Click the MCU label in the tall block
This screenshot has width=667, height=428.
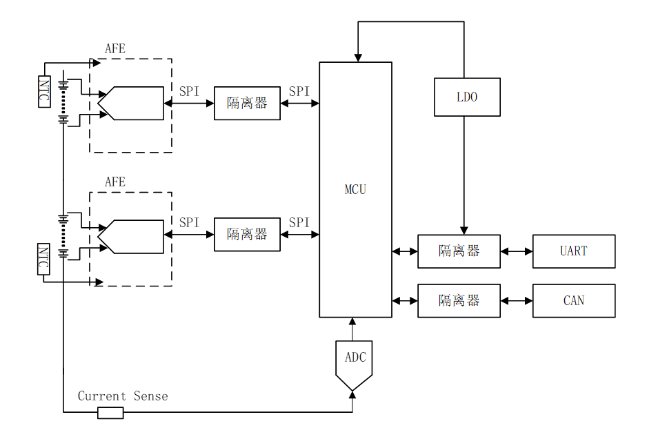coord(355,189)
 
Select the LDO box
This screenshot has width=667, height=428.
coord(467,97)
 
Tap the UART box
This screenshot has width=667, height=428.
coord(573,251)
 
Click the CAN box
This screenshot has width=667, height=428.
coord(573,301)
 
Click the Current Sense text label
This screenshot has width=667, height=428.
coord(123,396)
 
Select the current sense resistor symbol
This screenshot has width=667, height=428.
coord(110,413)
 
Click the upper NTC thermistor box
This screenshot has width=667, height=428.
coord(44,91)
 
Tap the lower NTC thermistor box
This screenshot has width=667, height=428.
coord(44,259)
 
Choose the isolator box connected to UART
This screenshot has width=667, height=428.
coord(459,251)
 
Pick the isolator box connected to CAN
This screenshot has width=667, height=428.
coord(459,301)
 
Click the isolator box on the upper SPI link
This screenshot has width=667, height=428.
coord(247,104)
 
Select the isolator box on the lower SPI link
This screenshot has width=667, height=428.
coord(247,235)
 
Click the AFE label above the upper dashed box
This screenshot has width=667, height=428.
coord(115,49)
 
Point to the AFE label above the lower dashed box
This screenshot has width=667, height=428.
coord(115,182)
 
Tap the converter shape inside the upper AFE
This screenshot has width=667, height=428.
coord(132,104)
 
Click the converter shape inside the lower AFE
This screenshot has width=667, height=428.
coord(132,237)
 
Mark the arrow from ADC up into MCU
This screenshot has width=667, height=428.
coord(352,329)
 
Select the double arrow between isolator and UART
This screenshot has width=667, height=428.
coord(517,251)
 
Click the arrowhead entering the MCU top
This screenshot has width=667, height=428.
coord(357,57)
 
